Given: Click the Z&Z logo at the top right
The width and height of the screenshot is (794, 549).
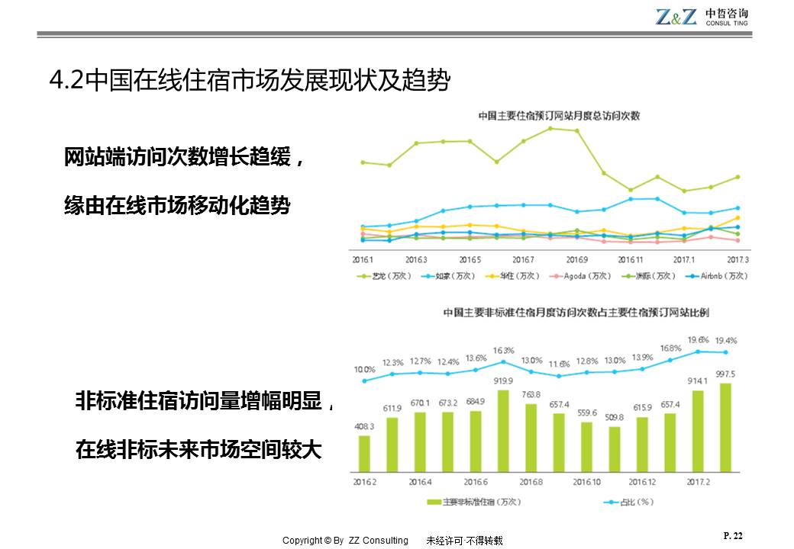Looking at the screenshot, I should (676, 17).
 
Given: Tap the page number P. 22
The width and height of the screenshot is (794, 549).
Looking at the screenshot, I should (732, 536).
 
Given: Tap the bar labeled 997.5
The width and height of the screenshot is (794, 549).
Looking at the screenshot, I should (725, 427).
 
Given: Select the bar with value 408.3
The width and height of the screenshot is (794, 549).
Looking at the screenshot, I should (364, 453).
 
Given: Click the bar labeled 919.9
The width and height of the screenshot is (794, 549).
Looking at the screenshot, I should (503, 431).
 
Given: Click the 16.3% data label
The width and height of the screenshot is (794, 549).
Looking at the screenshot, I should (504, 351).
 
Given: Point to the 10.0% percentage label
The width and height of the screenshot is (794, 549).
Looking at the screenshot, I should (364, 369).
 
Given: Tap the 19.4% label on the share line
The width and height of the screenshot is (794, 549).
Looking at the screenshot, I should (725, 340).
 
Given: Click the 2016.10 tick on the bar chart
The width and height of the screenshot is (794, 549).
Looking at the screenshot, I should (586, 482).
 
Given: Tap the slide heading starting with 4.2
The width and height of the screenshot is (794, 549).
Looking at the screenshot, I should (249, 80).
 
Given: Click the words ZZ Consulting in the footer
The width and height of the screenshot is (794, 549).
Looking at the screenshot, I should (379, 541).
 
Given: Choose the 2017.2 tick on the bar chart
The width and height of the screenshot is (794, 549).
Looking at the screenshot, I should (699, 482).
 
